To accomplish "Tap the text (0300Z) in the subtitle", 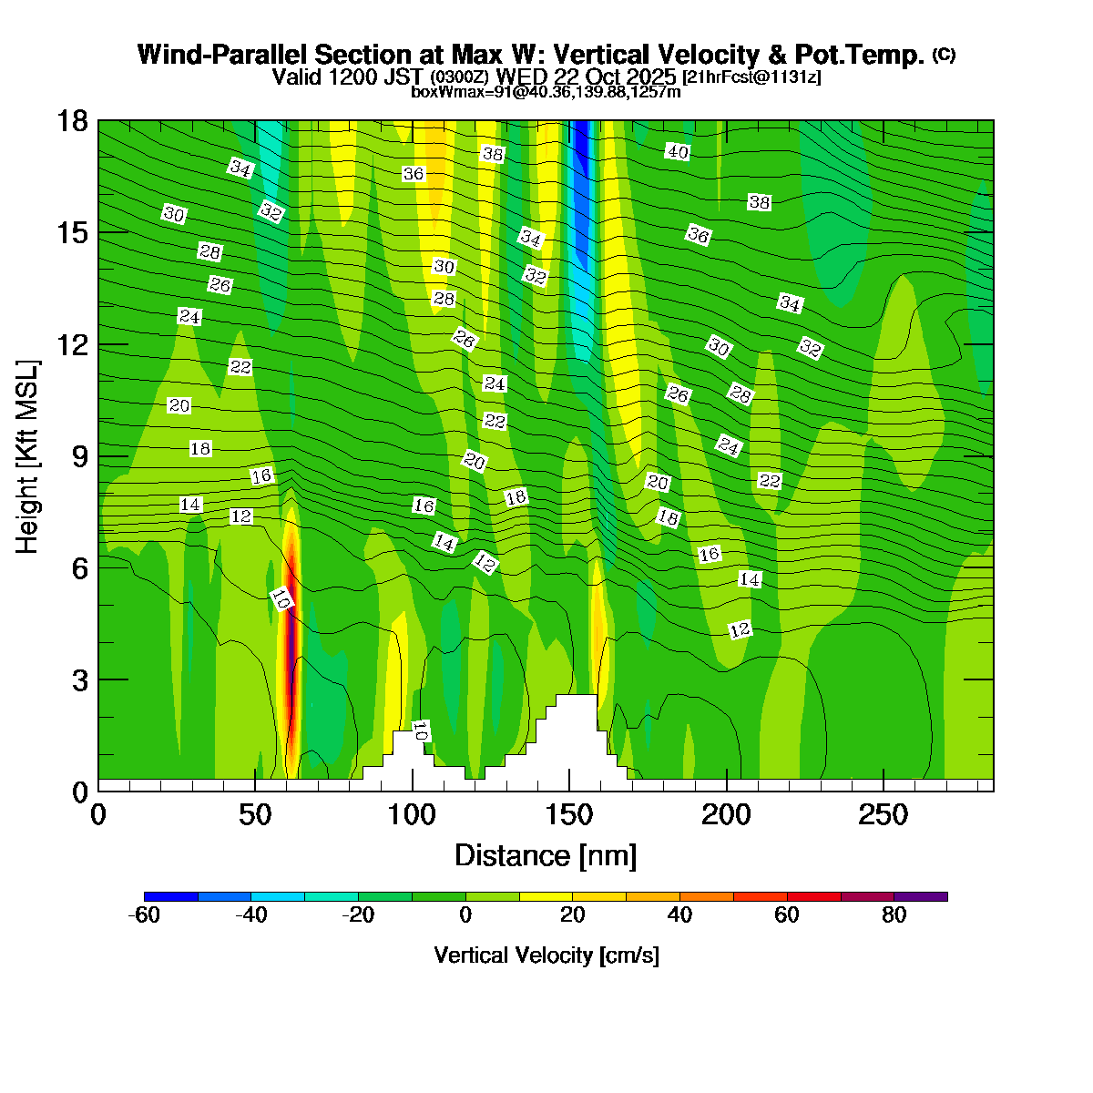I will [460, 77].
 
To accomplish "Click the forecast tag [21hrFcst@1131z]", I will [751, 77].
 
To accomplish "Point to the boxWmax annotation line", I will [546, 91].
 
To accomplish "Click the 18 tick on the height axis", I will [73, 121].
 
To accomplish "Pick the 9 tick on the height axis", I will [80, 456].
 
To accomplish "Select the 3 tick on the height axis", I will [80, 679].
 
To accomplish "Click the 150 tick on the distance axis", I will [569, 814].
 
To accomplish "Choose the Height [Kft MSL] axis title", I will [28, 456].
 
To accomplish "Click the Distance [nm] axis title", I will [546, 855].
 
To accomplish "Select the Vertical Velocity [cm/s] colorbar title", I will [546, 955].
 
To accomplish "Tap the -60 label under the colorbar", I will [145, 915].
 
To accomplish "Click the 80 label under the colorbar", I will [894, 915].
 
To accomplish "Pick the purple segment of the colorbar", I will [921, 897].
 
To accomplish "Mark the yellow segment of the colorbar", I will [546, 897].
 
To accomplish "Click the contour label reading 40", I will [677, 152].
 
